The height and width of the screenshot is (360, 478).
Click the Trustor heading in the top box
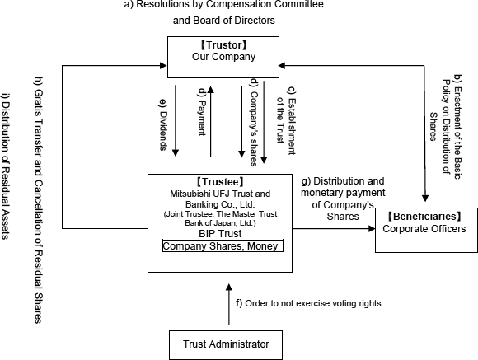[x=223, y=45]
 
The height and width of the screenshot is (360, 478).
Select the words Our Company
[x=223, y=57]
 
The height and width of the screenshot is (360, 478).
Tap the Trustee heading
[x=220, y=182]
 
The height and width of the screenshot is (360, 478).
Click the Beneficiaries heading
[x=425, y=217]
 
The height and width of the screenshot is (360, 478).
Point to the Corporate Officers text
[x=424, y=229]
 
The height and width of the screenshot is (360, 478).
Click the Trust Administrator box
[x=226, y=344]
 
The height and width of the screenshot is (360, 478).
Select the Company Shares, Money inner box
[x=223, y=245]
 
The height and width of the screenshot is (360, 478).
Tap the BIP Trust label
[x=220, y=234]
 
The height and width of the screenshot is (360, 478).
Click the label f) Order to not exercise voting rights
[x=308, y=304]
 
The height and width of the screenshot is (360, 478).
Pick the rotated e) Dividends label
[x=163, y=124]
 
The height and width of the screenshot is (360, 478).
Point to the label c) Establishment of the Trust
[x=286, y=121]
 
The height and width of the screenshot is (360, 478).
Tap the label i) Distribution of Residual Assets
[x=5, y=166]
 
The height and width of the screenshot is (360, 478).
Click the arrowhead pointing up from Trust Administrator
[x=229, y=288]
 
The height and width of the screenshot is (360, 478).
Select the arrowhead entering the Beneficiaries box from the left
[x=372, y=229]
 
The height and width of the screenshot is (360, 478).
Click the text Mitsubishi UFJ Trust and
[x=220, y=194]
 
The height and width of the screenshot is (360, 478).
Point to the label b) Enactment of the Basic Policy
[x=447, y=127]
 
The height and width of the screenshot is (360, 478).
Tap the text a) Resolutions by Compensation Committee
[x=224, y=5]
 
